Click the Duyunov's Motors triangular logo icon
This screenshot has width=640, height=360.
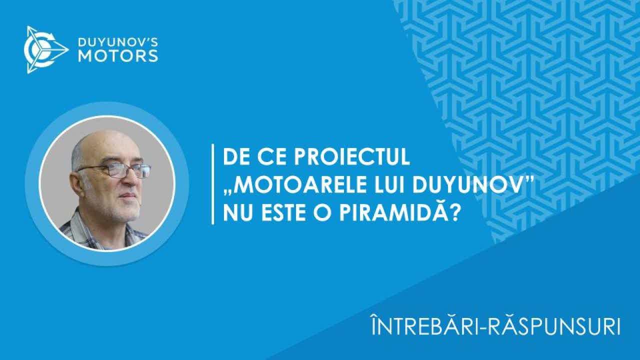click(45, 49)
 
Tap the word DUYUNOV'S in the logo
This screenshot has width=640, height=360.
click(117, 42)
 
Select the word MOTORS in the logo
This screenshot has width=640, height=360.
click(117, 56)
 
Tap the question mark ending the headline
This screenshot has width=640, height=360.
click(455, 213)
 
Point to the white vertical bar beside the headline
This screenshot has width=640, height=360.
click(212, 184)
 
